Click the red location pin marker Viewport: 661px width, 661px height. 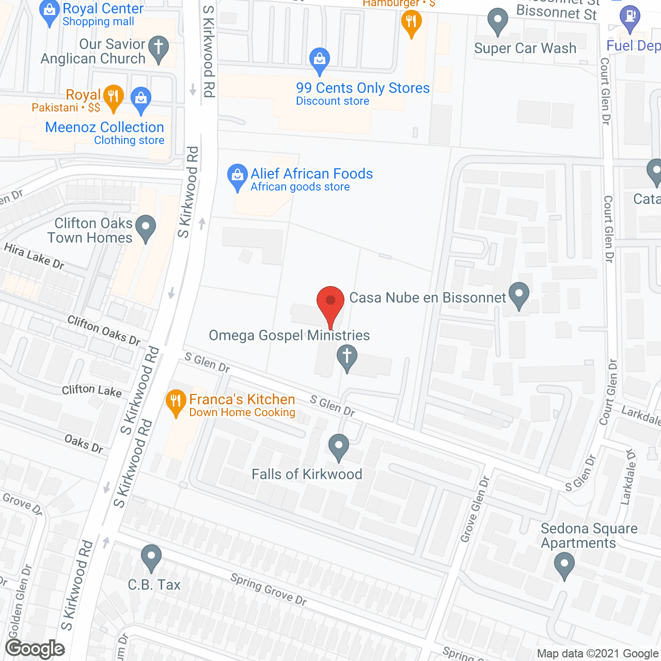(x=330, y=302)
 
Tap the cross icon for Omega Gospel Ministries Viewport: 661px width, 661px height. (x=347, y=357)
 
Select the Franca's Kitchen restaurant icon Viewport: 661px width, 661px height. (x=176, y=401)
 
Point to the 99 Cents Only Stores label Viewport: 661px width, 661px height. (x=363, y=88)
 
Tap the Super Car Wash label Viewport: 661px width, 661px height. (x=525, y=49)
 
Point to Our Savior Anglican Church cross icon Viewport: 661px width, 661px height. (x=159, y=48)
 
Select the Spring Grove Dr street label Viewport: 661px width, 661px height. (x=269, y=589)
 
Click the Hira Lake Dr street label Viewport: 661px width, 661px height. (x=34, y=257)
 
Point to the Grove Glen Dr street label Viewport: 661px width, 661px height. (x=475, y=510)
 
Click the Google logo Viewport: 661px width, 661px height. (x=35, y=649)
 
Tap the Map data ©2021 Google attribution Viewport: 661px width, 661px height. (x=598, y=654)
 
